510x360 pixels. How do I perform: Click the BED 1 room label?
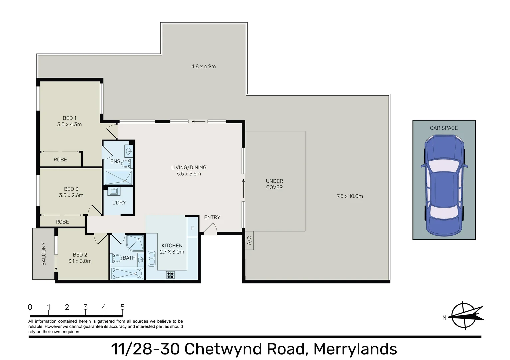[69, 118]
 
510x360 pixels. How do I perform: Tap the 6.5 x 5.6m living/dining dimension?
[189, 174]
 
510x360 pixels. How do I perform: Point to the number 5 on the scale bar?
[122, 307]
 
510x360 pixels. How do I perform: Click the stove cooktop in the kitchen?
[170, 275]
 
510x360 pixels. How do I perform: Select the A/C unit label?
[249, 240]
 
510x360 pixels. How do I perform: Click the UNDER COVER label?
[274, 184]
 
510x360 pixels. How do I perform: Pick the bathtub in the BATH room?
[127, 274]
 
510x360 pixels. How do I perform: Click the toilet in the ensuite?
[126, 163]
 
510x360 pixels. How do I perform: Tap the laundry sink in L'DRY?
[114, 191]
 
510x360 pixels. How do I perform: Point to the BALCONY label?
[44, 254]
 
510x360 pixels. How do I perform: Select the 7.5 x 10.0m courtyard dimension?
[350, 196]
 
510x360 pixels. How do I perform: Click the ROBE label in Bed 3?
[62, 222]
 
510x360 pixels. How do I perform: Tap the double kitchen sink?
[152, 259]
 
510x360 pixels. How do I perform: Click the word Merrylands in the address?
[355, 349]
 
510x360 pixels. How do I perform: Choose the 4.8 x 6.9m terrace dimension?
[203, 66]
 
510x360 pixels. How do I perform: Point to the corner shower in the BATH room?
[136, 243]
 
